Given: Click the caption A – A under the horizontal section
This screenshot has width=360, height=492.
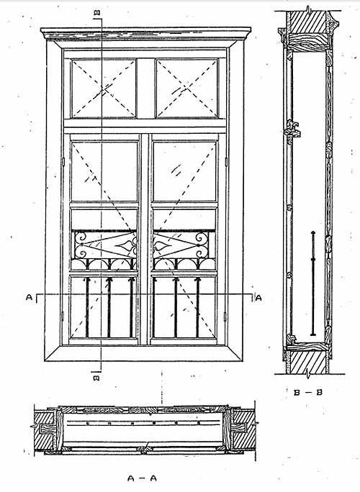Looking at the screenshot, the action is coord(142,478).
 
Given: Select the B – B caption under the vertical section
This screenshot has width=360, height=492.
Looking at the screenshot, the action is coord(308,392).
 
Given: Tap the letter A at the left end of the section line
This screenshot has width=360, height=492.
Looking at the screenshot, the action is coord(29,297).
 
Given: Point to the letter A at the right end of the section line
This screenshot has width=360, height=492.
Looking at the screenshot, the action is coord(258,298).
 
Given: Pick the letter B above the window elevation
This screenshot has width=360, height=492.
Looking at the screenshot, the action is coord(97,12).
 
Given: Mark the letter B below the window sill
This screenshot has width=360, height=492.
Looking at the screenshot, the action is coord(97,376).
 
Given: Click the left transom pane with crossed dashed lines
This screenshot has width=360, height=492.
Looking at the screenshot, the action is coord(104,88).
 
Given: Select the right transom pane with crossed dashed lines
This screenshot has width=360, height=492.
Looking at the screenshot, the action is coord(187,88).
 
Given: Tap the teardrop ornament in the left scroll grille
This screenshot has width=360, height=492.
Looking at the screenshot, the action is coord(125,246).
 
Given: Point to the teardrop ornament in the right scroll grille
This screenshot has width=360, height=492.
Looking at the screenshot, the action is coord(163,246).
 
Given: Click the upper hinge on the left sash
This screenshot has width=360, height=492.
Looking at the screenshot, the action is coord(63,162).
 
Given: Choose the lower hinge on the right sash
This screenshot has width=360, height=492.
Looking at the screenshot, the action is coord(225,316).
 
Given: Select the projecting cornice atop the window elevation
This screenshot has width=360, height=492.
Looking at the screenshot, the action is coord(145,34).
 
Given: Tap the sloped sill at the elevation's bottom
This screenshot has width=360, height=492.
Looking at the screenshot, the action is coord(143,353).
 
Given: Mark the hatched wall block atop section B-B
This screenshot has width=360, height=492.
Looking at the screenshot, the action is coord(308,22).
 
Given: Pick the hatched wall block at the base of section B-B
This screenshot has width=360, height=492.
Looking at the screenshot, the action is coord(308,363).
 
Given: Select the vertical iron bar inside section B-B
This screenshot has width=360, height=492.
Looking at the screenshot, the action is coord(313,283).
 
